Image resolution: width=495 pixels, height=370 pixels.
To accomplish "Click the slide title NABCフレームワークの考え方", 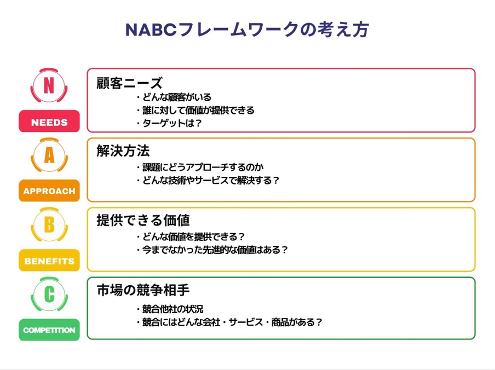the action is pos(247,30).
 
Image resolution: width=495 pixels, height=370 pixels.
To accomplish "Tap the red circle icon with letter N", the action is pos(49,85).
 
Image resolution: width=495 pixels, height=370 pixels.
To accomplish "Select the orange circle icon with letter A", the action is pos(49,155).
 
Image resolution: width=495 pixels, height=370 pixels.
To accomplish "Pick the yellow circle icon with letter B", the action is pos(49,224).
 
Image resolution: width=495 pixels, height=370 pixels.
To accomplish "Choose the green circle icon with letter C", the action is pos(49,294).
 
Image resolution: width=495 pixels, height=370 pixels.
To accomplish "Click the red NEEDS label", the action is pos(49,121).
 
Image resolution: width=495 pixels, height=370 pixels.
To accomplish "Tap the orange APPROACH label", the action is pos(49,190).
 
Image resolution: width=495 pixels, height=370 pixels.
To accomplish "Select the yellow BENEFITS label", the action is pos(49,260).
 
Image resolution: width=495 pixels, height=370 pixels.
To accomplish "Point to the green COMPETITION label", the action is pos(49,330).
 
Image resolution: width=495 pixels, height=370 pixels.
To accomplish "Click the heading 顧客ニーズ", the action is pos(129,83).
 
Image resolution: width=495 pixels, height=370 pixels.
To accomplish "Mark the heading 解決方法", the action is pos(123,151).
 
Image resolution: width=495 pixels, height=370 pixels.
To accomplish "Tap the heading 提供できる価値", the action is pos(143,220).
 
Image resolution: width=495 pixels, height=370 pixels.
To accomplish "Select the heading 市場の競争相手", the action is pos(143,290).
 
